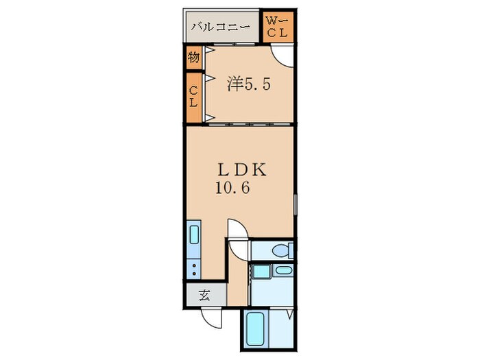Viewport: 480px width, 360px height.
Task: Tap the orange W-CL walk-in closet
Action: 279,27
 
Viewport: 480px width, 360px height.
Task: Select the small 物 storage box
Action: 193,58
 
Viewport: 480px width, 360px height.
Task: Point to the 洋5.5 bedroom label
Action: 250,85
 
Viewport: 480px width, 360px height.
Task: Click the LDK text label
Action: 236,169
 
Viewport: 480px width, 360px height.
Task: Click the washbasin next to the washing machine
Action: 283,270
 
